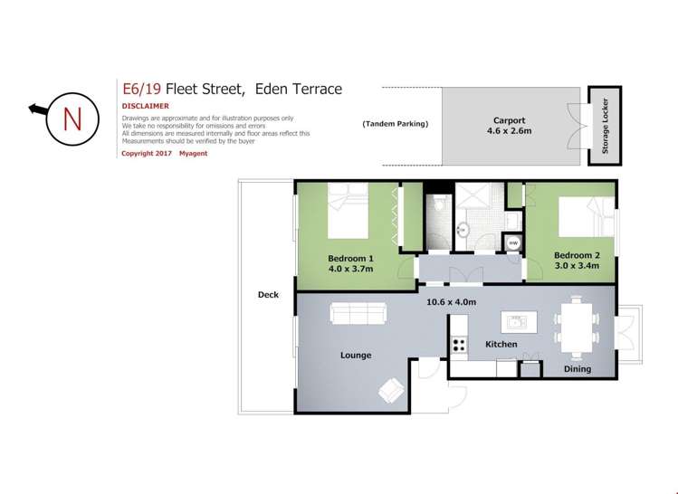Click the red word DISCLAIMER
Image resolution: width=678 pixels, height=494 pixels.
click(146, 106)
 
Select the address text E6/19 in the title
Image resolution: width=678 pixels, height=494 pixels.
click(140, 89)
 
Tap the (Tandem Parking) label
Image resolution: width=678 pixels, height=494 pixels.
click(395, 124)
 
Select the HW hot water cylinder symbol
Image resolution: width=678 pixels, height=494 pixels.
click(513, 242)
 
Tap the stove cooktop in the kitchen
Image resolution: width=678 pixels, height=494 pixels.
click(458, 344)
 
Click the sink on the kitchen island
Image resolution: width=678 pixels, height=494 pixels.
click(517, 320)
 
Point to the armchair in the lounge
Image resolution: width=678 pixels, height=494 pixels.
click(392, 389)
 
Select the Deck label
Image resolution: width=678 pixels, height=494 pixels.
click(268, 295)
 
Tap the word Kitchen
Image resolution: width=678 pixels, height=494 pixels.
click(501, 345)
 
